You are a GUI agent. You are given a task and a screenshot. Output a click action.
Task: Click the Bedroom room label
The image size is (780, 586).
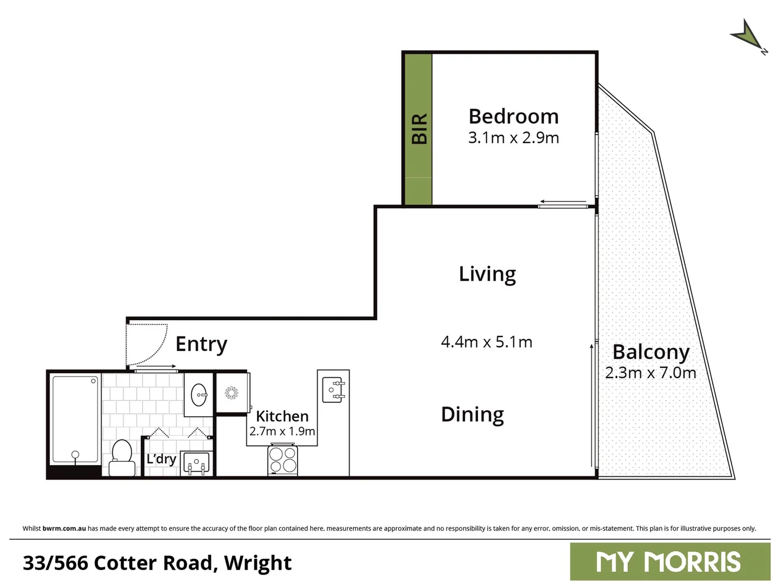pos(513,117)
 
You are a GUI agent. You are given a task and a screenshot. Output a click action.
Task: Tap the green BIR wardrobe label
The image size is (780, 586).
pos(419,129)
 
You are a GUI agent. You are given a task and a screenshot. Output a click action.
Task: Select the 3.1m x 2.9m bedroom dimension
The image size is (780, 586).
pos(513,138)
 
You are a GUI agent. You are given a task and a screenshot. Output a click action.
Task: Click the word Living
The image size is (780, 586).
pos(487,274)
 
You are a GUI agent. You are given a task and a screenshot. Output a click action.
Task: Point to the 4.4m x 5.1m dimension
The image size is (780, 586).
pos(486,342)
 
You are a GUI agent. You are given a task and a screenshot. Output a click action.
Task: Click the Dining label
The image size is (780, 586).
pos(472,415)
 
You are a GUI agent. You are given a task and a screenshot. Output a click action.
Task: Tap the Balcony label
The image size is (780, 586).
pos(650,352)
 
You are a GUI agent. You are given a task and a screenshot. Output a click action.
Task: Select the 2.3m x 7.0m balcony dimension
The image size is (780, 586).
pos(650,373)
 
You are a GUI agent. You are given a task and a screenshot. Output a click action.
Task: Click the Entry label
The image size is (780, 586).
pos(201,344)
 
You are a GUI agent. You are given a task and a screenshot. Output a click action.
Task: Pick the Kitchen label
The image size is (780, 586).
pos(282,416)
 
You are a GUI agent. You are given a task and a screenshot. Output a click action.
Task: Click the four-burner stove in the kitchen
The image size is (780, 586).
pos(283,460)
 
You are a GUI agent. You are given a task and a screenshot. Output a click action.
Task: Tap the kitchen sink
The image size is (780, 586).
pos(333,390)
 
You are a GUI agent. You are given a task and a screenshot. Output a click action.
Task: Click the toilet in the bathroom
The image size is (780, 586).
pos(122,457)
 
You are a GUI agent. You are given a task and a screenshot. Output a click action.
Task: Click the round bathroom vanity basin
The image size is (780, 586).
pos(199,394)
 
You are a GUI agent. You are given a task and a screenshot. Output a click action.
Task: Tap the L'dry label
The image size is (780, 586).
pos(161,459)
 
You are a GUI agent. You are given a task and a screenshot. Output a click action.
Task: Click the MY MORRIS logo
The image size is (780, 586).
pos(669,562)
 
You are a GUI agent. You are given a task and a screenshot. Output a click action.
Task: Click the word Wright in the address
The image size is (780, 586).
pos(257,563)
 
